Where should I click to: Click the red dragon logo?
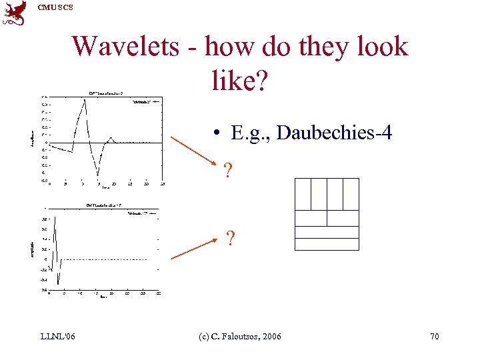pyautogui.click(x=15, y=13)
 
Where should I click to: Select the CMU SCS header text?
pyautogui.click(x=55, y=7)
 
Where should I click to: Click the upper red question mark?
pyautogui.click(x=229, y=172)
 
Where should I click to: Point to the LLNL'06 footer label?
pyautogui.click(x=57, y=336)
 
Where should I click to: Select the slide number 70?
pyautogui.click(x=435, y=336)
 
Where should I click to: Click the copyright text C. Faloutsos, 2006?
pyautogui.click(x=240, y=336)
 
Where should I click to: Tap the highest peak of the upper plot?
pyautogui.click(x=85, y=101)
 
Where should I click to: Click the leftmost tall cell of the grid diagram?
pyautogui.click(x=303, y=194)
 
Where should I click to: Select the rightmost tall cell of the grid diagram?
pyautogui.click(x=351, y=194)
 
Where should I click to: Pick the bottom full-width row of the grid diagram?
pyautogui.click(x=327, y=244)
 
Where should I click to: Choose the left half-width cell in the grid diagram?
pyautogui.click(x=311, y=218)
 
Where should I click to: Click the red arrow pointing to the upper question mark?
pyautogui.click(x=194, y=151)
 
